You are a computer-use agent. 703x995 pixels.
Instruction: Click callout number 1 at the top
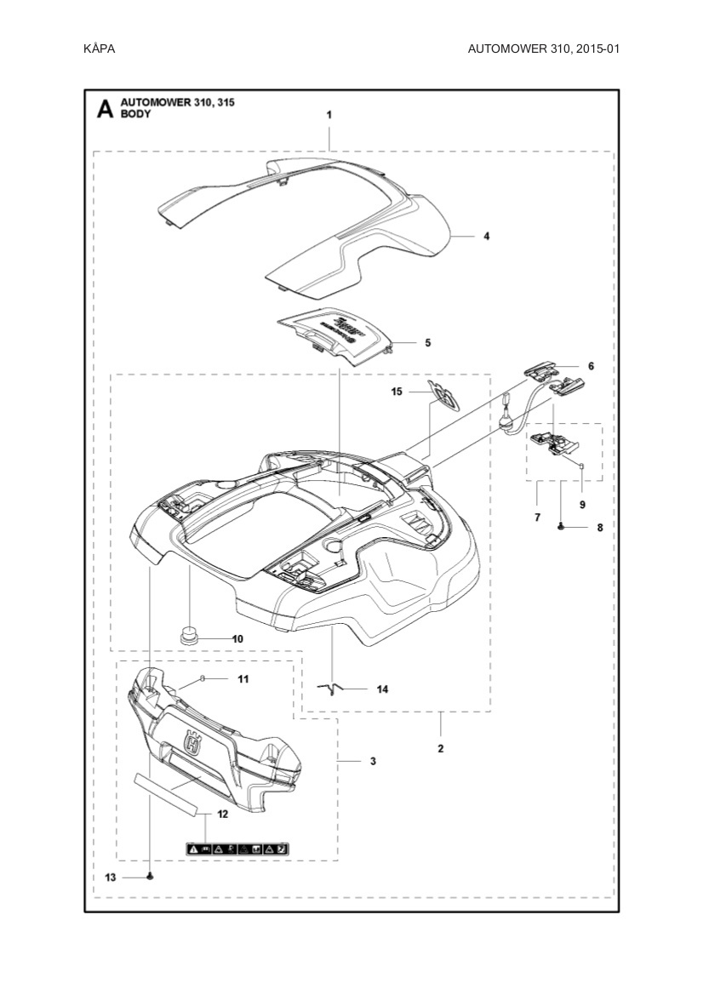pos(329,113)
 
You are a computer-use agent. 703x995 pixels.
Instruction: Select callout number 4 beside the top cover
pos(486,236)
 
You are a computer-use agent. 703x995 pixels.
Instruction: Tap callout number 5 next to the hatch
pos(427,342)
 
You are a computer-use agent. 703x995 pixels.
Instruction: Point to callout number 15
pos(397,392)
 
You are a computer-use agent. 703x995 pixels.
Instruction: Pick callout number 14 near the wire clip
pos(382,689)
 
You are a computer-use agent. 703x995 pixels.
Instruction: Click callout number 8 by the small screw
pos(599,528)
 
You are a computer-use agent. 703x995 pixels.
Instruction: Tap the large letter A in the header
pos(105,109)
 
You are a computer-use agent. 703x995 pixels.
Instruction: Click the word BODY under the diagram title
pos(136,114)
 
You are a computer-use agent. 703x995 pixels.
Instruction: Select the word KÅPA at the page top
pos(100,49)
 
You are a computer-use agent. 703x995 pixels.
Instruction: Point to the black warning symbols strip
pos(237,848)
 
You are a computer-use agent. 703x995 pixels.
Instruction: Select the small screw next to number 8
pos(563,528)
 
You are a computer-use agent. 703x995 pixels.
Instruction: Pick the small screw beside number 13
pos(150,877)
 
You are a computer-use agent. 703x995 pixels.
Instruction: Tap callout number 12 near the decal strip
pos(222,814)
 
